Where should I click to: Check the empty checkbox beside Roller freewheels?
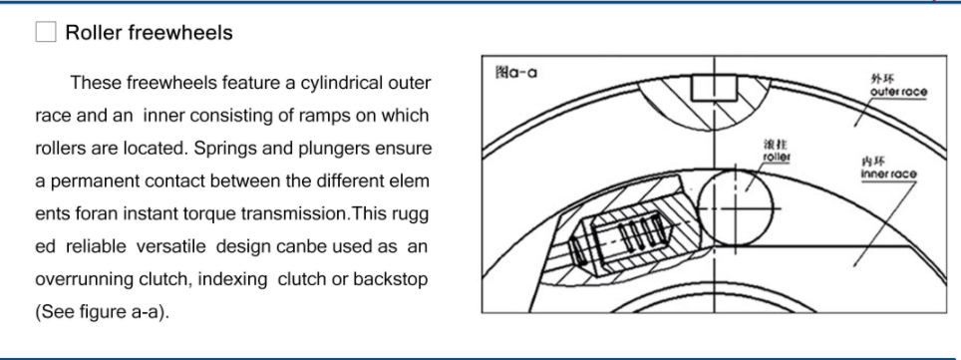(x=45, y=32)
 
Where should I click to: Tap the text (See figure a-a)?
(x=102, y=312)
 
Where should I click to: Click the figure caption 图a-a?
(x=516, y=73)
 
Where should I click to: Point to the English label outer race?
(x=898, y=92)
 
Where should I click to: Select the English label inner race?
(x=888, y=175)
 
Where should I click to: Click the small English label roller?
(x=776, y=157)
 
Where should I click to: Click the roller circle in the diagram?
(x=735, y=208)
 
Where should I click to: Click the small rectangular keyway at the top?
(x=714, y=87)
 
